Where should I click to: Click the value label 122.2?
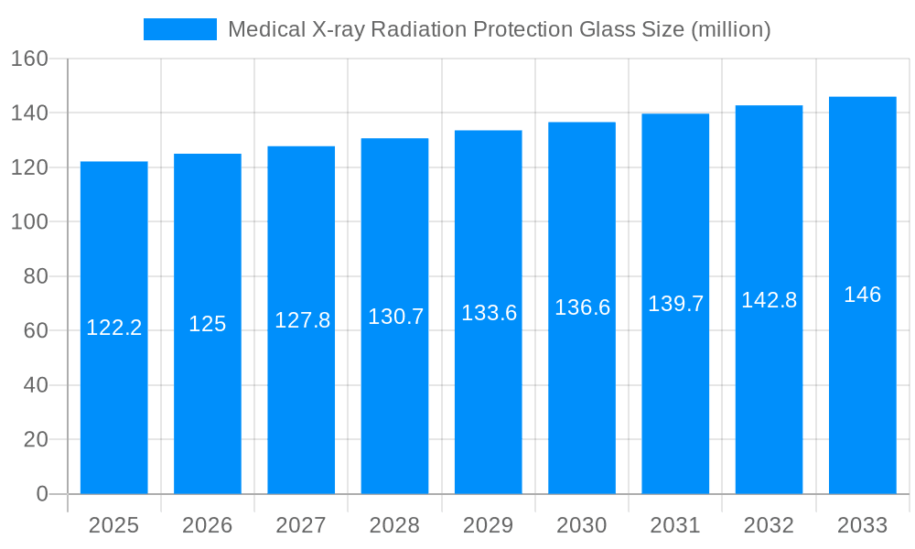click(113, 328)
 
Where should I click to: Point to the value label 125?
click(208, 324)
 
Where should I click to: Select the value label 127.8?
click(302, 320)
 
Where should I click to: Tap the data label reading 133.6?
click(489, 313)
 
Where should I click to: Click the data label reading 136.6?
click(582, 307)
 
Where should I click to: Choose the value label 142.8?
click(769, 300)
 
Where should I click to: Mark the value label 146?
click(862, 295)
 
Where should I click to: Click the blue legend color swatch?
click(180, 29)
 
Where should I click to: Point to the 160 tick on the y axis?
click(29, 59)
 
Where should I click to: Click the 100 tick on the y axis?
click(29, 221)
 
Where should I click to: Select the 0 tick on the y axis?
click(42, 494)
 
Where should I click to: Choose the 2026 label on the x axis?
click(208, 525)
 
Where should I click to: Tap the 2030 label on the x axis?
click(582, 525)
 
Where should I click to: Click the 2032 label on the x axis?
click(769, 525)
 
